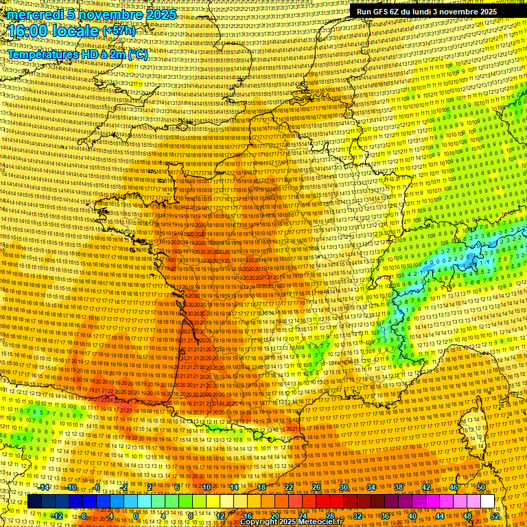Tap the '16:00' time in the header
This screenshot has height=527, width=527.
click(x=28, y=31)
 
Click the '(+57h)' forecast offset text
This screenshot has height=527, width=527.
click(x=119, y=32)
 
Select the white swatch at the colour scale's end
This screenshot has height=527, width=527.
click(x=487, y=502)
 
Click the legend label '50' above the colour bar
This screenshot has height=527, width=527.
click(x=480, y=487)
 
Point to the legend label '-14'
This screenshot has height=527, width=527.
click(x=44, y=487)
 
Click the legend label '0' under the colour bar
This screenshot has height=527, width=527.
click(x=137, y=515)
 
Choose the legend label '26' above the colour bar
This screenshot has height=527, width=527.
click(x=316, y=487)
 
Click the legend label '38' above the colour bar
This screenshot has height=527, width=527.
click(x=398, y=487)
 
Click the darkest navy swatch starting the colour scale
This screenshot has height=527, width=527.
click(x=34, y=502)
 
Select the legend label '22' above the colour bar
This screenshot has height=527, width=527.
click(x=288, y=487)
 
